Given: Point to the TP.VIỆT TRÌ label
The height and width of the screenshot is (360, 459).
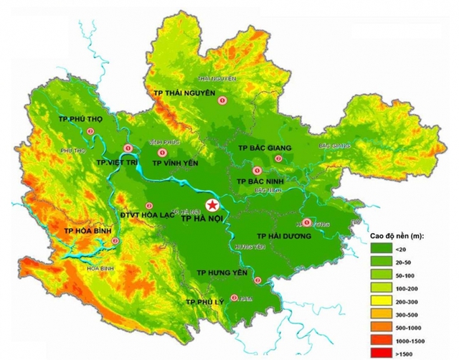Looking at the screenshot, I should [x=118, y=163].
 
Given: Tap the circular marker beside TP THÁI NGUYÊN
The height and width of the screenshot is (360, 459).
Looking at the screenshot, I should [x=223, y=102].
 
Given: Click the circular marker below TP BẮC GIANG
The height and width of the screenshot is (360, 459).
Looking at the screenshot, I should [x=256, y=170].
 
